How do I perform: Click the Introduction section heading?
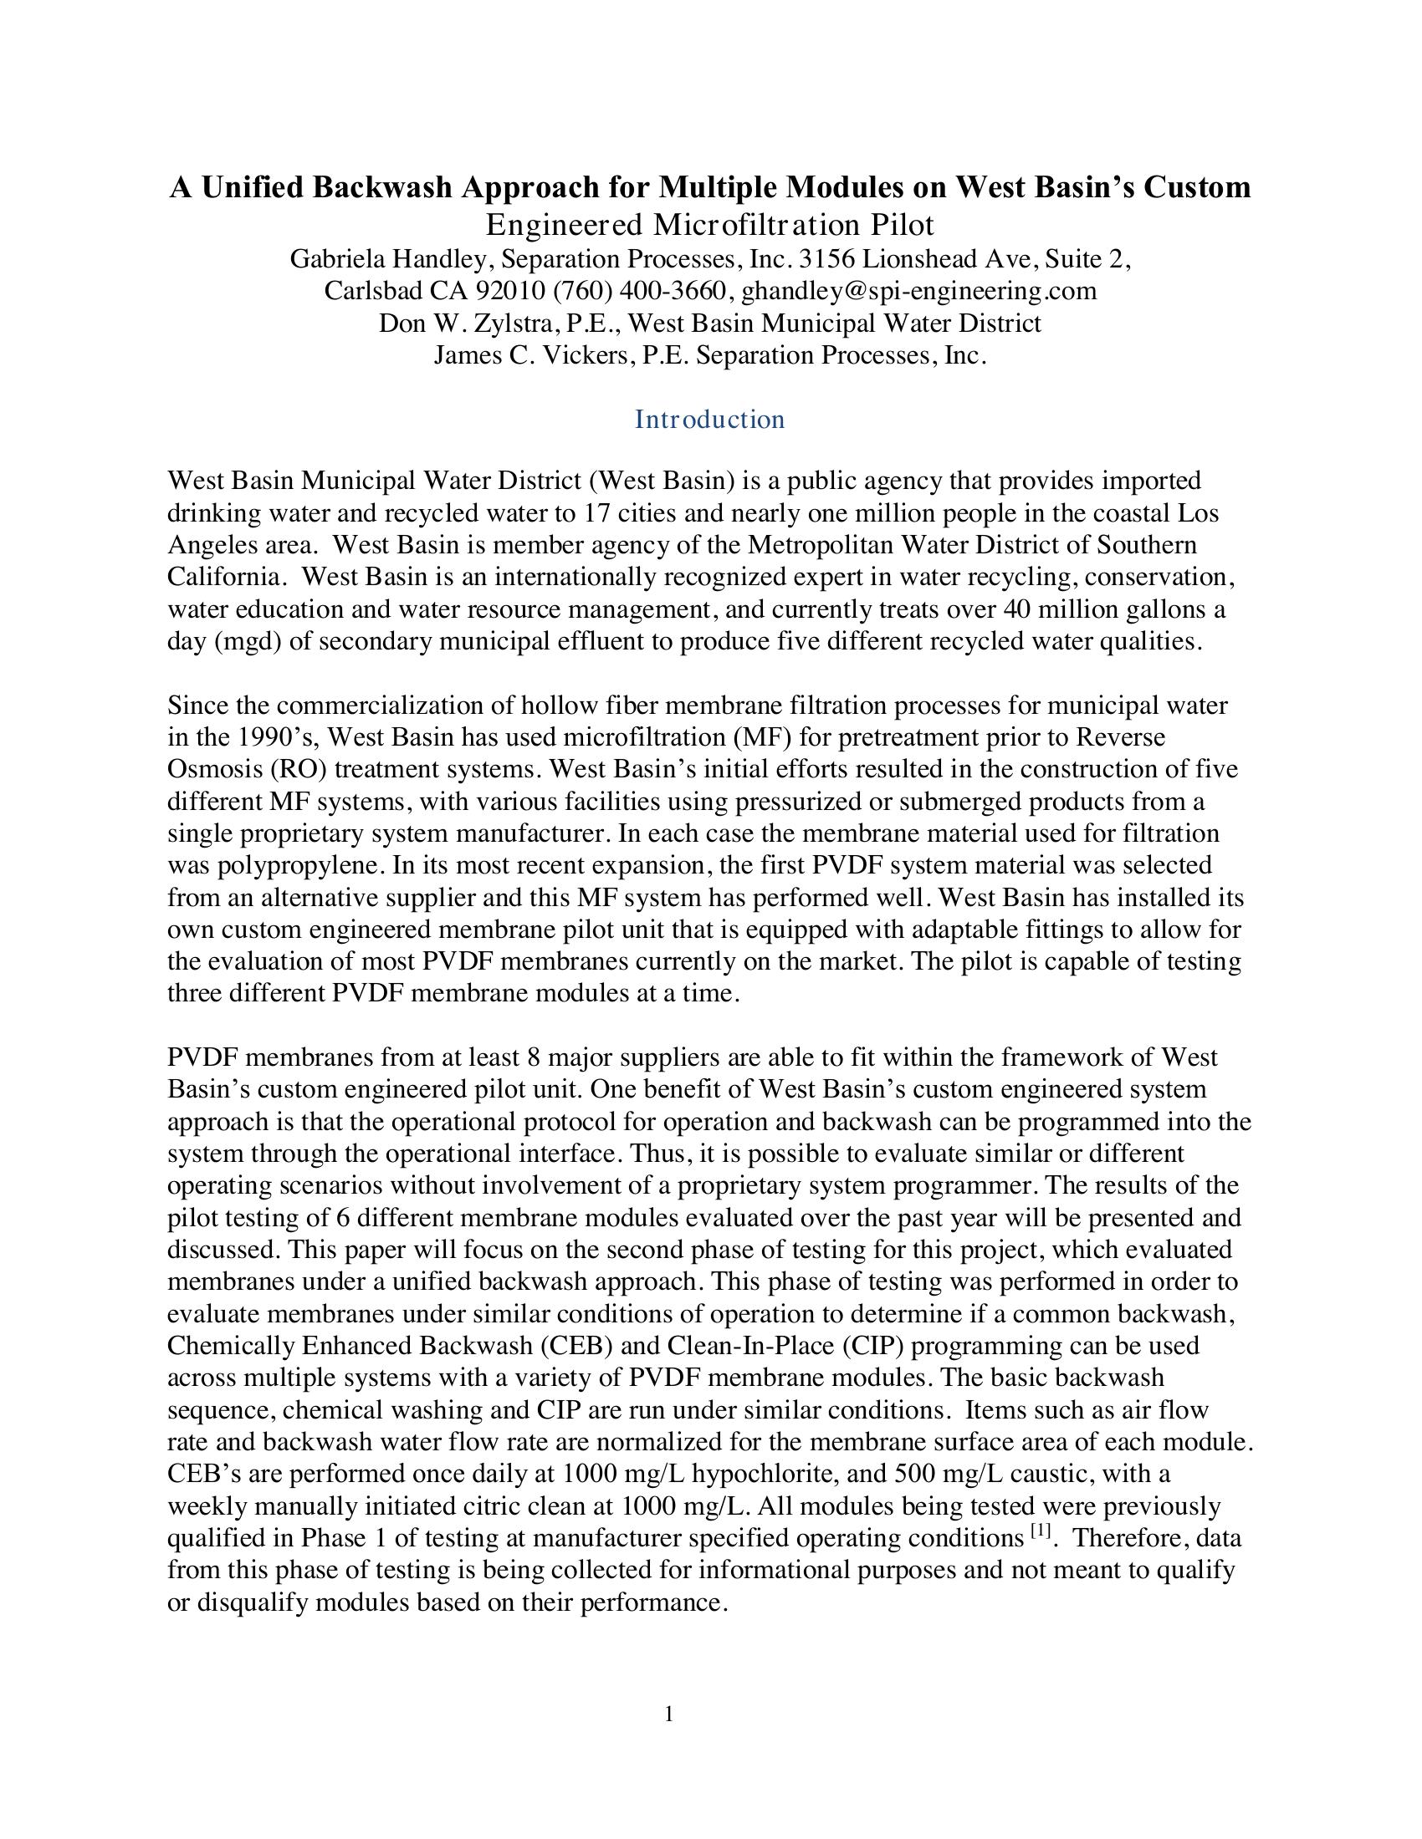709,419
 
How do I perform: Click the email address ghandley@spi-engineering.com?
919,291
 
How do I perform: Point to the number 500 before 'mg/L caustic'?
918,1474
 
